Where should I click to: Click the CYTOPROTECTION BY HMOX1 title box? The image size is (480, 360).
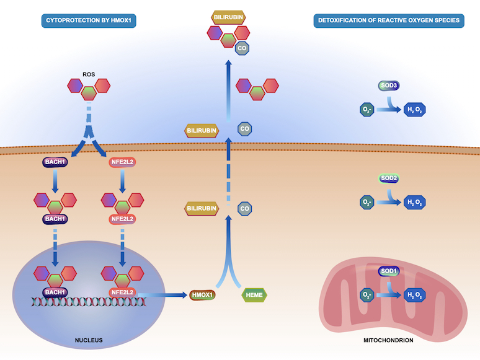89,20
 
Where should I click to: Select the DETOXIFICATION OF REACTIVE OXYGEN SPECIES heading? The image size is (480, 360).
389,20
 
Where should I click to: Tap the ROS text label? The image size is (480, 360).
89,74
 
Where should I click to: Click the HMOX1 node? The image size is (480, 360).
202,295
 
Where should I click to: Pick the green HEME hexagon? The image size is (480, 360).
254,295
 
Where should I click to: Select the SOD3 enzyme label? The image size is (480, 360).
389,85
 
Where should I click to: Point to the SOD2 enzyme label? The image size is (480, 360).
389,178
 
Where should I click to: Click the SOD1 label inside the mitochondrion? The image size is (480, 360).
389,272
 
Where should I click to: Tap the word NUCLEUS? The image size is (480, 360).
89,340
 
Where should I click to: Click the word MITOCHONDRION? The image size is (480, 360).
388,340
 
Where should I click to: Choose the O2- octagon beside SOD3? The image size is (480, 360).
367,110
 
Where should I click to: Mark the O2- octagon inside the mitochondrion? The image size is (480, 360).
367,296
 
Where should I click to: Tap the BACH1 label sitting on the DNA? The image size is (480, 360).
55,292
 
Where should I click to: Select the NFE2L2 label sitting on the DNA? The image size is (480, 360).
123,292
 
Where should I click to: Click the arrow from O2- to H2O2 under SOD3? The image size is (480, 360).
389,110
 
